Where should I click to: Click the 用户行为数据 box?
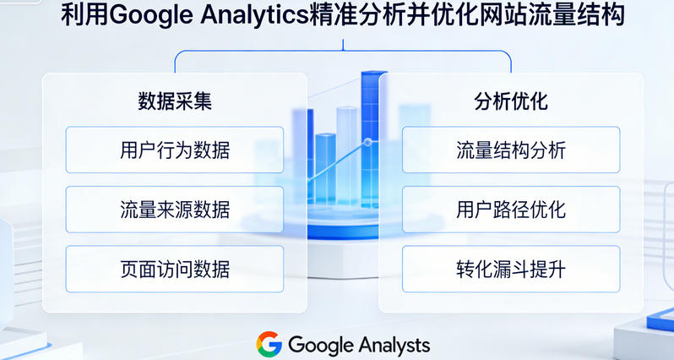click(x=175, y=150)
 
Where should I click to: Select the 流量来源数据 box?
click(x=175, y=210)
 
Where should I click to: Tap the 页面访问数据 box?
click(x=175, y=269)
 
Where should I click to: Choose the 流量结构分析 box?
click(x=510, y=150)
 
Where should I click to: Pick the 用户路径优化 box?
click(x=510, y=210)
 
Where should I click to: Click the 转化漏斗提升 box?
click(x=510, y=269)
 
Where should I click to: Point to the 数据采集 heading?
click(x=174, y=101)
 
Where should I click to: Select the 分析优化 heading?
click(x=510, y=101)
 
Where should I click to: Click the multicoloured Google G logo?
click(x=269, y=344)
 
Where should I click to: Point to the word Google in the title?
click(x=149, y=17)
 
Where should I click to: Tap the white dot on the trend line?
click(x=367, y=141)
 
